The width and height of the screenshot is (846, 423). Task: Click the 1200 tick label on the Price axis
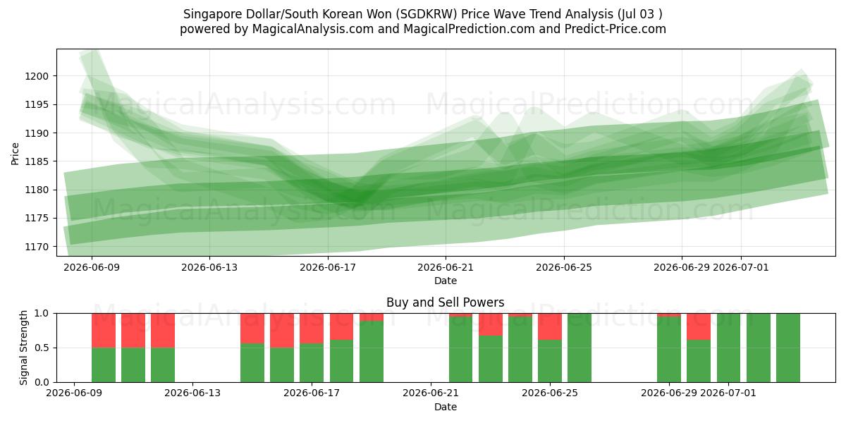(x=37, y=76)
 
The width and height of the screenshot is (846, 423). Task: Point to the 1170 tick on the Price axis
(x=37, y=247)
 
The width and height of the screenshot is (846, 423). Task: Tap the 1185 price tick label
(x=37, y=161)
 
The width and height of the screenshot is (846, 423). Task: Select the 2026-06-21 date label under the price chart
(x=446, y=267)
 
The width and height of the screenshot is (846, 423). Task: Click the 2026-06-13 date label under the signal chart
(x=192, y=393)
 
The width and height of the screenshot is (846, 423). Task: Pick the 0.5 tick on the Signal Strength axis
(x=42, y=348)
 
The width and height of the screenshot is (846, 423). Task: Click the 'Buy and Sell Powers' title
(x=446, y=302)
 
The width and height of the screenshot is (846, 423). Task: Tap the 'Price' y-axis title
(x=15, y=154)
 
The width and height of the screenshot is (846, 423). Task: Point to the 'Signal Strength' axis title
(x=23, y=348)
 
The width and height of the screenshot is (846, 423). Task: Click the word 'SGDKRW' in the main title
(x=427, y=14)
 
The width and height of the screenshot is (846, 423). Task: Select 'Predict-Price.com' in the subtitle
(x=615, y=29)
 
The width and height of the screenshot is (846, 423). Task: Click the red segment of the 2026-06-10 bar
(x=104, y=331)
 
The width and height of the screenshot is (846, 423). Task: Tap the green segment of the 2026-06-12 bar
(x=163, y=365)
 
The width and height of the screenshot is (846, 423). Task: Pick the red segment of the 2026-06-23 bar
(x=491, y=324)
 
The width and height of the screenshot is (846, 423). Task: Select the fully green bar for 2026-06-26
(x=580, y=348)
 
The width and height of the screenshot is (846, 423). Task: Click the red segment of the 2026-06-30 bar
(x=699, y=326)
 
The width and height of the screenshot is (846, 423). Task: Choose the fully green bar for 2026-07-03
(x=788, y=348)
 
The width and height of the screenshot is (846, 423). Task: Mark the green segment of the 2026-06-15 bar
(x=252, y=362)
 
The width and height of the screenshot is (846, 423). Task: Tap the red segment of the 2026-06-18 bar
(x=341, y=326)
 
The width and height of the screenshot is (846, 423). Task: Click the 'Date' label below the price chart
(x=446, y=281)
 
